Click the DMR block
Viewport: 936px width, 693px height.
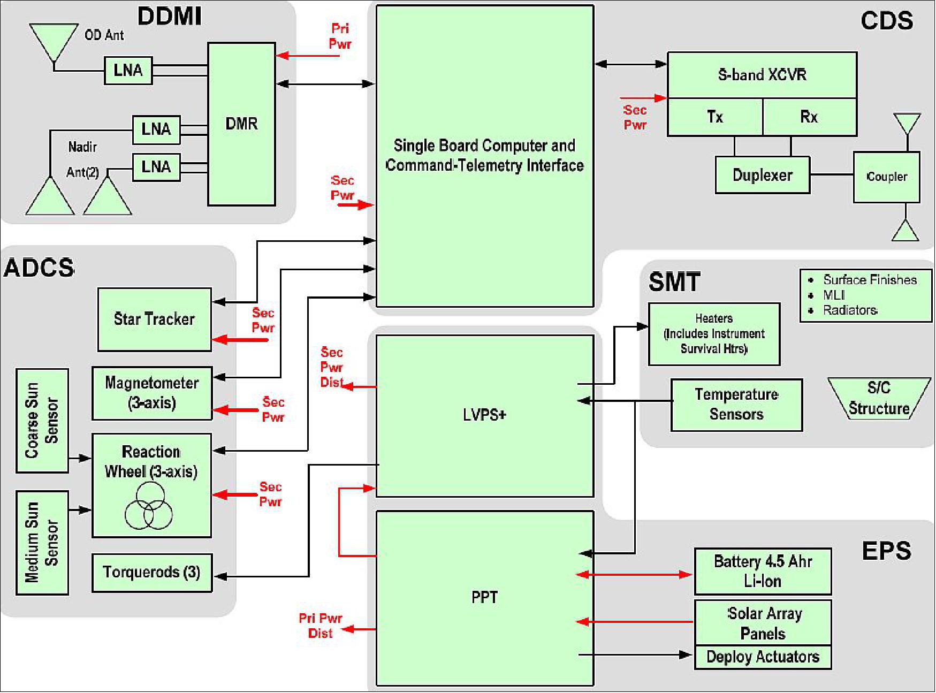(x=241, y=124)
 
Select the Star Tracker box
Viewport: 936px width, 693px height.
(x=154, y=319)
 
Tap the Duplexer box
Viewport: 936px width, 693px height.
(x=762, y=175)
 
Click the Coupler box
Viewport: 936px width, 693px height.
(x=886, y=177)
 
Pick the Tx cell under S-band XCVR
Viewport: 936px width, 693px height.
(x=714, y=117)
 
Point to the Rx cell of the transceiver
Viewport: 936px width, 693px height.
(x=809, y=117)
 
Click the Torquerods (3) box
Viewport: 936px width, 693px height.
(x=152, y=573)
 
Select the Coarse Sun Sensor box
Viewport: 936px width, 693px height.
(x=42, y=421)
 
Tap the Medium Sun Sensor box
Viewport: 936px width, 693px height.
(x=42, y=542)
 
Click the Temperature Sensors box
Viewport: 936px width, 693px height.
(x=736, y=405)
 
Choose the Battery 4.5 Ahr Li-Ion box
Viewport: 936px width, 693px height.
(x=763, y=571)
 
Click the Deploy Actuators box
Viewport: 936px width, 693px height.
(x=763, y=657)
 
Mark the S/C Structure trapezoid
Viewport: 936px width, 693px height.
(x=879, y=399)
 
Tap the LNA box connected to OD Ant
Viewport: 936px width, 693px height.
(x=128, y=70)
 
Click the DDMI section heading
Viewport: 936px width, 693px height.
(x=170, y=16)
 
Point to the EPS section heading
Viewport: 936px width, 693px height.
(x=886, y=551)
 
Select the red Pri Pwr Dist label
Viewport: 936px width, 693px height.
(x=320, y=626)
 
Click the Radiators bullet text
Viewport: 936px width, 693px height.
(x=850, y=310)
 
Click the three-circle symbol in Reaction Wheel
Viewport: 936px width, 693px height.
(x=148, y=506)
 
